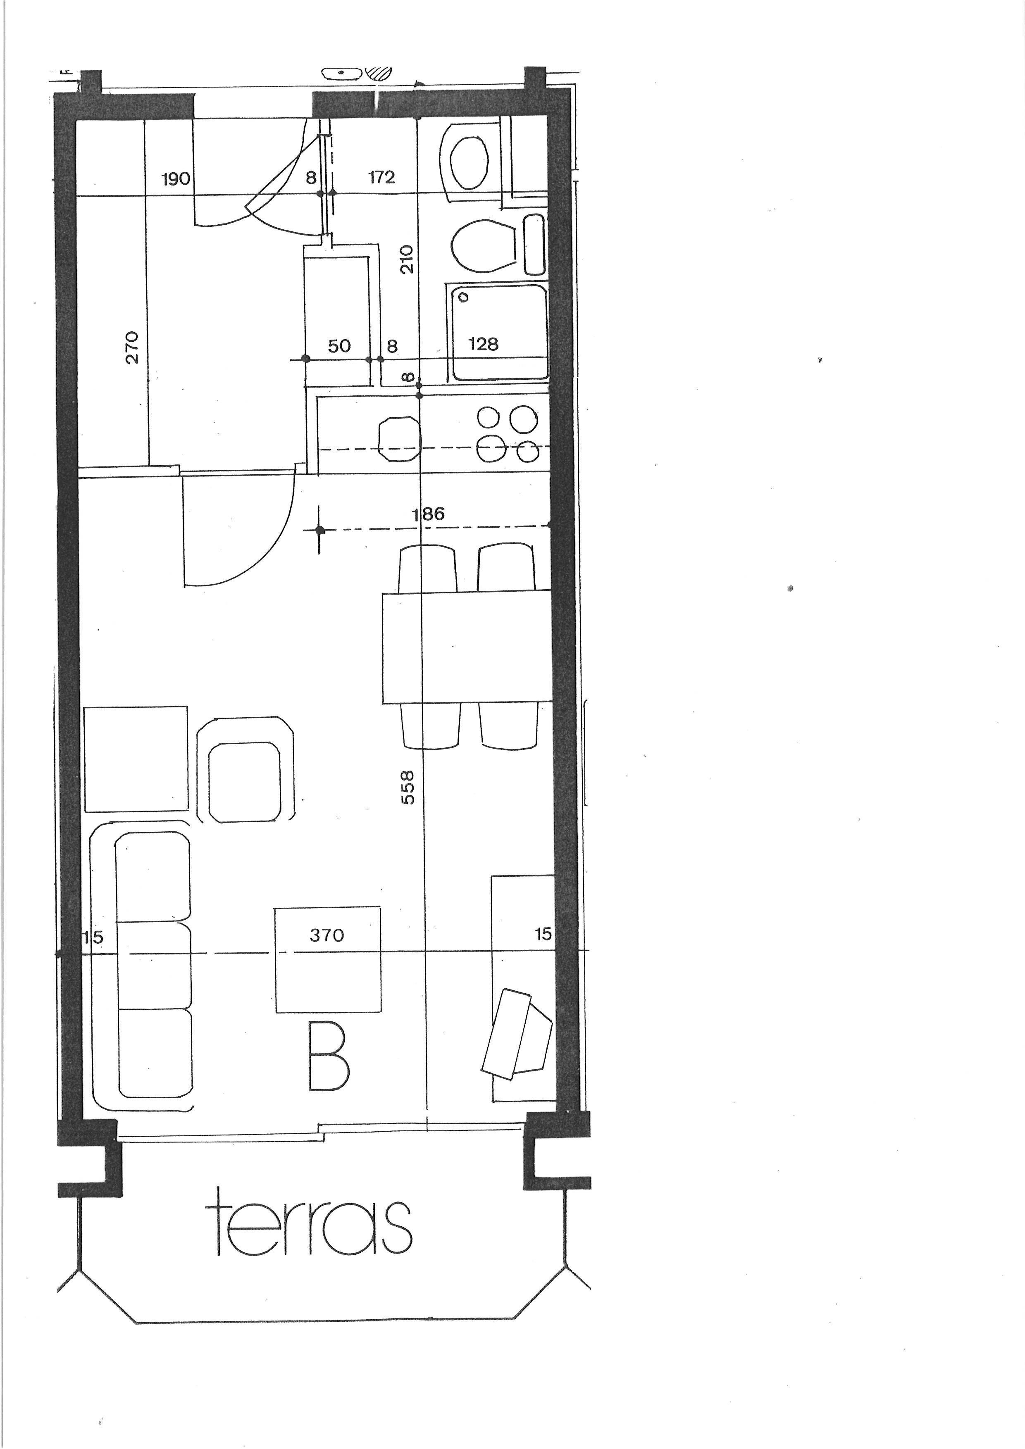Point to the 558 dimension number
(x=408, y=787)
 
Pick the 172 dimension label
(x=382, y=177)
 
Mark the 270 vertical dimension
(x=133, y=348)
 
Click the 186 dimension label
(x=429, y=514)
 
